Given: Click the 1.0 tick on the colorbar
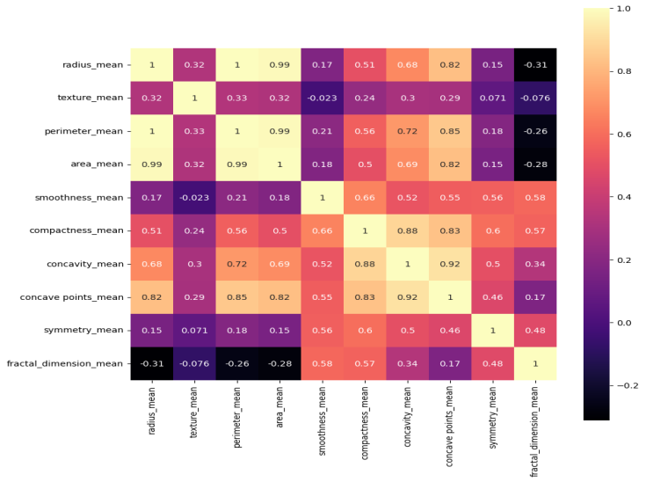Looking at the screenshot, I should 622,9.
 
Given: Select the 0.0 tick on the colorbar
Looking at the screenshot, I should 622,323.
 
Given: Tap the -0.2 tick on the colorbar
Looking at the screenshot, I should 626,385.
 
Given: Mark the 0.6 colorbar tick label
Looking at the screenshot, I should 622,135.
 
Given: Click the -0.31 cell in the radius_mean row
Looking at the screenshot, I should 536,64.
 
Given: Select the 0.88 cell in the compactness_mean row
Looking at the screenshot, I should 408,230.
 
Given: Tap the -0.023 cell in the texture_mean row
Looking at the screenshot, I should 322,98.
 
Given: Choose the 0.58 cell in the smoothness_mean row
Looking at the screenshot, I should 536,197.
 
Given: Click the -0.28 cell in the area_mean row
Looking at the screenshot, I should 536,164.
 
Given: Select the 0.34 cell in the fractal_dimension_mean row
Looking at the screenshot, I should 408,362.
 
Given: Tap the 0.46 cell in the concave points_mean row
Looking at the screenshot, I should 493,296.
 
